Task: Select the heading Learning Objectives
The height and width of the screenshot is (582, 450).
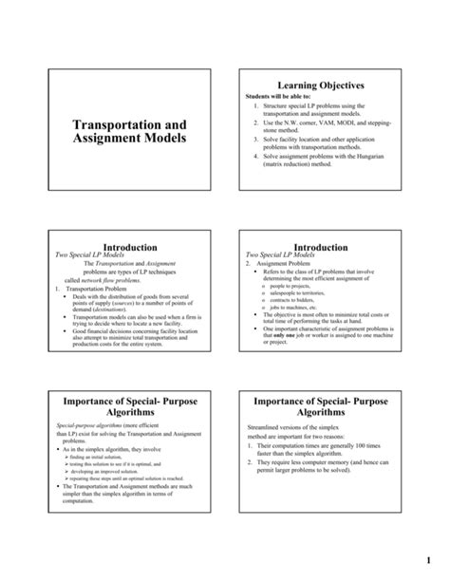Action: [x=317, y=85]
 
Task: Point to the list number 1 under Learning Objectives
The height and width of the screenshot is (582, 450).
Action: [x=256, y=105]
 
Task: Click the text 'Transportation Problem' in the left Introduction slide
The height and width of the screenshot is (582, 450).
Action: [x=99, y=289]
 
